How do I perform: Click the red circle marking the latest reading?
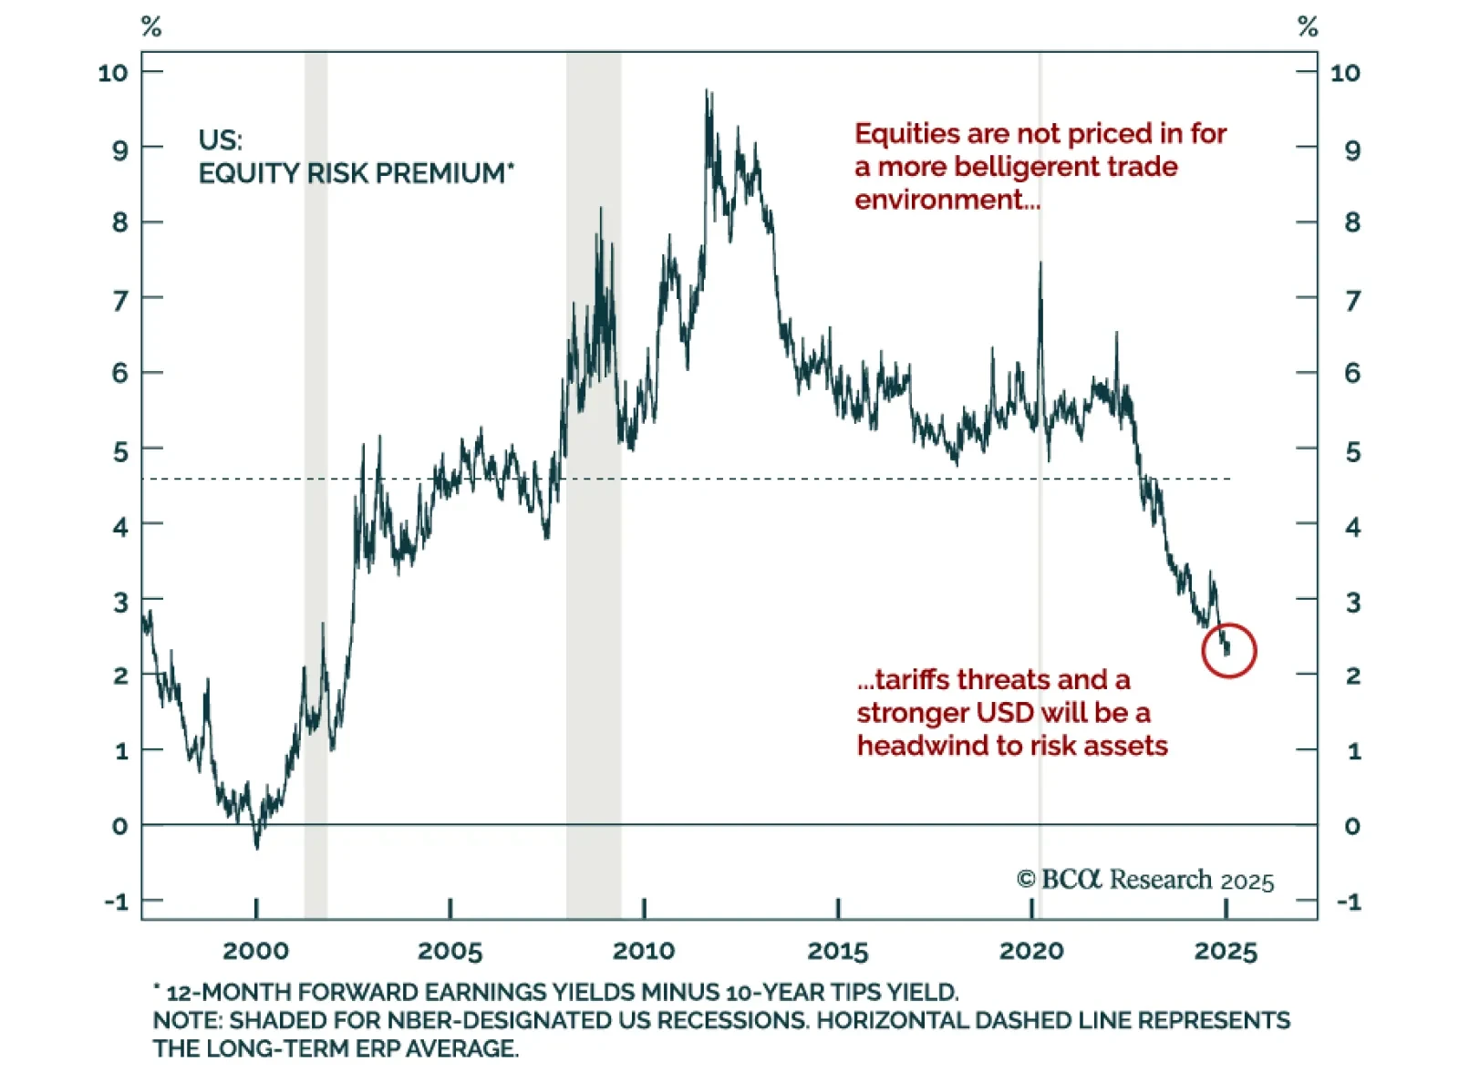click(x=1228, y=650)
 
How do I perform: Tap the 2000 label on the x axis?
click(x=255, y=951)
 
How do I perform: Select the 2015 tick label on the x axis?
click(x=837, y=951)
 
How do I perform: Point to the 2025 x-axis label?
click(x=1226, y=951)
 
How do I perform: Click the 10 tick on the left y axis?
click(x=113, y=73)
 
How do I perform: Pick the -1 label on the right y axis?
click(x=1349, y=902)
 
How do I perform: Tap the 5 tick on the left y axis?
click(x=120, y=451)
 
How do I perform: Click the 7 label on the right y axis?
click(x=1352, y=299)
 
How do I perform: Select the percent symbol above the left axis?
click(x=151, y=27)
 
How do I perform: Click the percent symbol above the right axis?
click(x=1308, y=27)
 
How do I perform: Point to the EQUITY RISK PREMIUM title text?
click(x=356, y=172)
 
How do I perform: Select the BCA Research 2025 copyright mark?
click(x=1145, y=880)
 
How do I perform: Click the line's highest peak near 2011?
click(x=707, y=90)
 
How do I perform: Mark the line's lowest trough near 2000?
click(x=257, y=848)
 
